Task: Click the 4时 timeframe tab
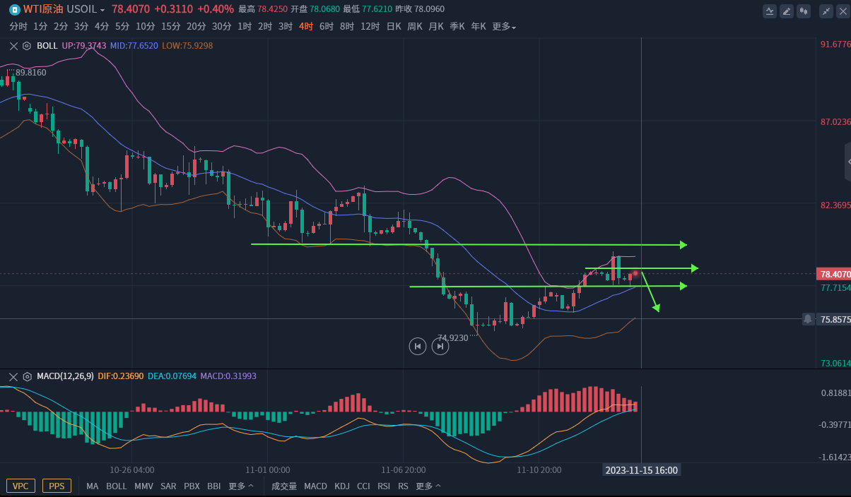point(306,26)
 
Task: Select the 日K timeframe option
point(394,26)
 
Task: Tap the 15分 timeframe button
point(171,26)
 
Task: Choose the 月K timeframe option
point(436,26)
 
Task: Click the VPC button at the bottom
point(21,486)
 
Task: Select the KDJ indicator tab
point(342,486)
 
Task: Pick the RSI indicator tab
point(384,486)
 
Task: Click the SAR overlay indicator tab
point(168,486)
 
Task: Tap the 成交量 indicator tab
point(284,486)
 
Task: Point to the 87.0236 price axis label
point(835,122)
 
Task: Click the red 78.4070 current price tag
point(834,274)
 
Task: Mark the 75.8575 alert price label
point(835,319)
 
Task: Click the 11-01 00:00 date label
point(268,469)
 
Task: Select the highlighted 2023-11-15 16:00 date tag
point(642,470)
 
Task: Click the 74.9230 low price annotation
point(453,338)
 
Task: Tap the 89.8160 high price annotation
point(30,73)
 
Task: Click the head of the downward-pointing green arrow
point(657,308)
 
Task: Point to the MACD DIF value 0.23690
point(120,376)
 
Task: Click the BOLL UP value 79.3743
point(84,46)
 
